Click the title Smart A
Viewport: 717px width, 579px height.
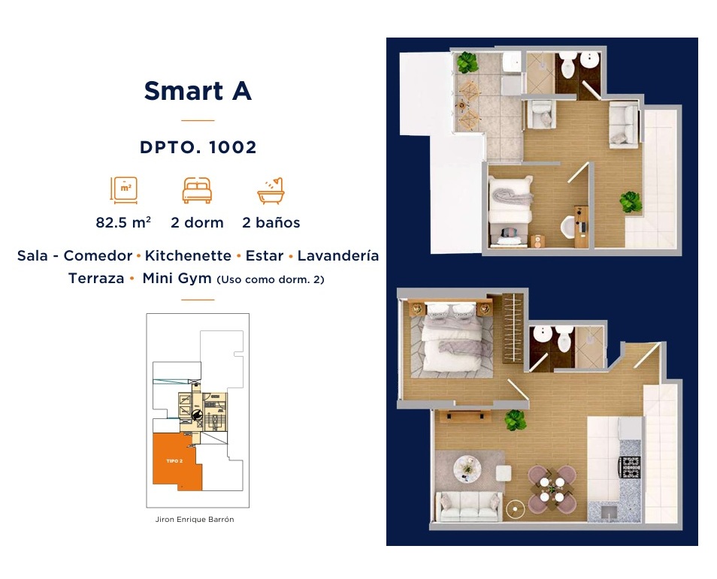tap(198, 90)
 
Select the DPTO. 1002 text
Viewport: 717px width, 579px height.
tap(198, 147)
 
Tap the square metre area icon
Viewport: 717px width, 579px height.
tap(124, 190)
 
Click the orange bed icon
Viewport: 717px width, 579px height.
tap(197, 190)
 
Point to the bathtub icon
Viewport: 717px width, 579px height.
tap(271, 191)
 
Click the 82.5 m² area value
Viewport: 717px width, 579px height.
tap(123, 222)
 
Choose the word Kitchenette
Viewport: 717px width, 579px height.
tap(188, 255)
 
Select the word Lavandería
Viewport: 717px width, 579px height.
tap(338, 255)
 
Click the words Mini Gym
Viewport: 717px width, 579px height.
tap(177, 279)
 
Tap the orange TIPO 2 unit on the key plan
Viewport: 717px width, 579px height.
tap(174, 460)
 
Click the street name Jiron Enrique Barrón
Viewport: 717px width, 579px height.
tap(195, 520)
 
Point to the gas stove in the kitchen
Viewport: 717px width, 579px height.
tap(630, 467)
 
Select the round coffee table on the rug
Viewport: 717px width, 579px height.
tap(467, 469)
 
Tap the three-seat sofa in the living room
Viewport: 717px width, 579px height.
tap(468, 507)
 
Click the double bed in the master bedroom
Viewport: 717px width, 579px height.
tap(452, 337)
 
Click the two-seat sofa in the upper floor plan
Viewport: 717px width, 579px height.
tap(623, 125)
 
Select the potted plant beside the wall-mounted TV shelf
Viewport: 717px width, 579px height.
tap(515, 421)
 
